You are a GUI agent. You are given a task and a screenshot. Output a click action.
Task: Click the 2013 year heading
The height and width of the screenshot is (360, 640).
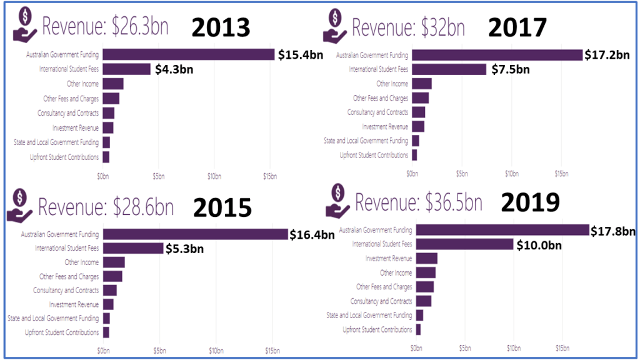click(220, 27)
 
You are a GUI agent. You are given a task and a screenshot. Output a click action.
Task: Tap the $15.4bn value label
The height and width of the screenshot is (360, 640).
click(301, 55)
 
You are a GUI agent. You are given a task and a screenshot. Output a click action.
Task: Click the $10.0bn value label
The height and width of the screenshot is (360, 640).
click(539, 245)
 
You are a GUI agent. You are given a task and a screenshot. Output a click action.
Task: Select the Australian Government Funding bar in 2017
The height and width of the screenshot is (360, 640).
click(497, 55)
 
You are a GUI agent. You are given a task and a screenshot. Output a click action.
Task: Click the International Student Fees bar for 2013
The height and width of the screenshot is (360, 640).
click(126, 69)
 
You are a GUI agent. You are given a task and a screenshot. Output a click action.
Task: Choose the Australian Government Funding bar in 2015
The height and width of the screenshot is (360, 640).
click(195, 234)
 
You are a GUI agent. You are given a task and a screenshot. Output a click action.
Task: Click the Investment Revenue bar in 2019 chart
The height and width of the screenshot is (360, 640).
click(426, 259)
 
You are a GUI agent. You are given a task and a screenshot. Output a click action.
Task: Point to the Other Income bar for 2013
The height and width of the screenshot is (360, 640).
click(112, 84)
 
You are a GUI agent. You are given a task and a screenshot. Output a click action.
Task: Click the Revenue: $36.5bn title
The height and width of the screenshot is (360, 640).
click(419, 203)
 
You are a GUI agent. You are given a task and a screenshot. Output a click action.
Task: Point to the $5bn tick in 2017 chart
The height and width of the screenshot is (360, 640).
click(462, 173)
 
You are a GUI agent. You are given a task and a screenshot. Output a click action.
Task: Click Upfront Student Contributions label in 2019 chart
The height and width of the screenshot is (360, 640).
click(377, 329)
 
